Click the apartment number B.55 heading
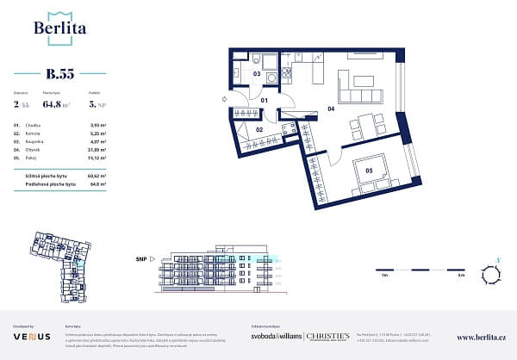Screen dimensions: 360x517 pyautogui.click(x=59, y=73)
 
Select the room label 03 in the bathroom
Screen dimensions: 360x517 pyautogui.click(x=257, y=74)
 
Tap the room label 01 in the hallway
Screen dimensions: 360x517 pyautogui.click(x=265, y=101)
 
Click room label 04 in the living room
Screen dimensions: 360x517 pyautogui.click(x=330, y=109)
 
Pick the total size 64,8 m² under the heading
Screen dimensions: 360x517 pyautogui.click(x=60, y=107)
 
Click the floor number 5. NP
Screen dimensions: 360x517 pyautogui.click(x=97, y=107)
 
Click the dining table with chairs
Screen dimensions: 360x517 pyautogui.click(x=369, y=126)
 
